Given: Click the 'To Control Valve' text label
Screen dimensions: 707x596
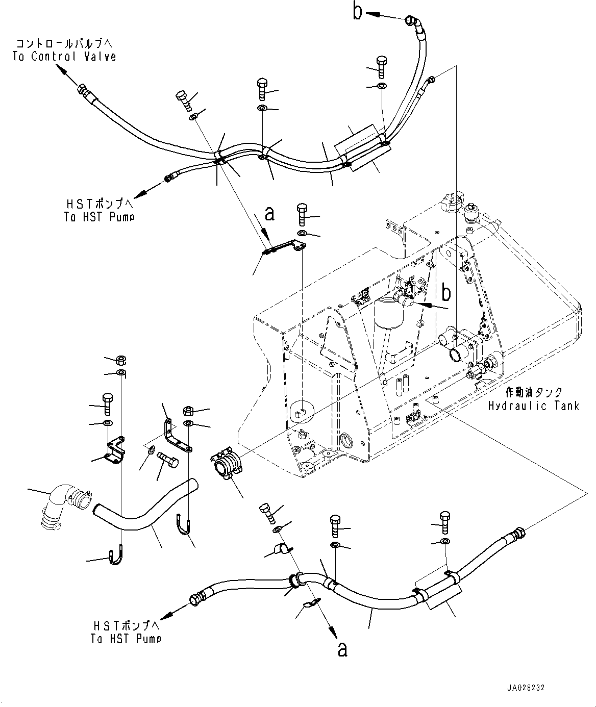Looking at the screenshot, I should [x=64, y=57].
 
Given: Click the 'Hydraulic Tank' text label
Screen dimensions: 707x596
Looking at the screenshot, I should [x=533, y=406].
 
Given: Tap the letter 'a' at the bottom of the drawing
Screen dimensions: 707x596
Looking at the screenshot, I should [x=342, y=649].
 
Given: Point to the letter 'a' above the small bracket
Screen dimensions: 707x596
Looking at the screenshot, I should [x=270, y=214].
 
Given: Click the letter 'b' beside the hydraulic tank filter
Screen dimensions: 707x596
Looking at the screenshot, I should [x=446, y=293].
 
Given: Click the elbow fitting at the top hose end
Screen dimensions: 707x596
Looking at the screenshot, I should [x=414, y=23].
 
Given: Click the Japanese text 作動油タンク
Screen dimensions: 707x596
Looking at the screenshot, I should [x=534, y=392].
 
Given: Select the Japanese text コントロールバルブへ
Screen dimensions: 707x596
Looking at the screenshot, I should [x=64, y=44].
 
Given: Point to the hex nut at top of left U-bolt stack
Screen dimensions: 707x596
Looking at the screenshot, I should [x=121, y=360].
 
